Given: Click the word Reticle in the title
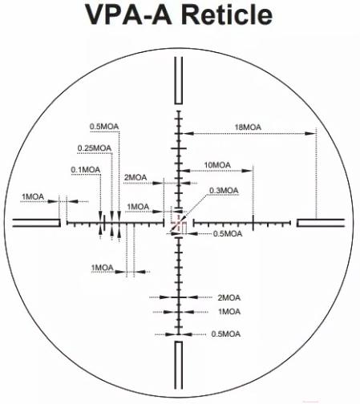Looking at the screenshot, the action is pyautogui.click(x=227, y=14).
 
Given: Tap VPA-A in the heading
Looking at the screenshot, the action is pyautogui.click(x=128, y=14).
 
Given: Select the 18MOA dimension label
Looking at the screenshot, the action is pyautogui.click(x=248, y=127).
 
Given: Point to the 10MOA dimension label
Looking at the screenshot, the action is pyautogui.click(x=217, y=165).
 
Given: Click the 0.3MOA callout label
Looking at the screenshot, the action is pyautogui.click(x=224, y=191).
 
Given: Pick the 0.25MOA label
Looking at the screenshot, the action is pyautogui.click(x=95, y=147).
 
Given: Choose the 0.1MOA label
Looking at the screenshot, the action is pyautogui.click(x=86, y=170).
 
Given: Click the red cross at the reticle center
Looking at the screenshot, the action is pyautogui.click(x=178, y=222).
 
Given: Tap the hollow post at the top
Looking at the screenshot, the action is pyautogui.click(x=179, y=80).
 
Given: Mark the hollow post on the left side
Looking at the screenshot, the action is pyautogui.click(x=37, y=223).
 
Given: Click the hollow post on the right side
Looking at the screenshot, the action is pyautogui.click(x=321, y=223).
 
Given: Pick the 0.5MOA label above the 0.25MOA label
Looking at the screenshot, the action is pyautogui.click(x=104, y=127).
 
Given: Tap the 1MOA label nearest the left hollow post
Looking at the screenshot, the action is pyautogui.click(x=33, y=197).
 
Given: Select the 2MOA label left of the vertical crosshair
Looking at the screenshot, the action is pyautogui.click(x=136, y=177).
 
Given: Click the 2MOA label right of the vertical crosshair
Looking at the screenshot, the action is pyautogui.click(x=229, y=297).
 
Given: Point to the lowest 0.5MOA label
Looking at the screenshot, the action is pyautogui.click(x=226, y=334).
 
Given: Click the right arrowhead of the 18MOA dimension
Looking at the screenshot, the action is pyautogui.click(x=311, y=133).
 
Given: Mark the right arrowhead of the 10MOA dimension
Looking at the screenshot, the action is pyautogui.click(x=247, y=171).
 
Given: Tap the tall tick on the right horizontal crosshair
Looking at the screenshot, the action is pyautogui.click(x=253, y=222).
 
